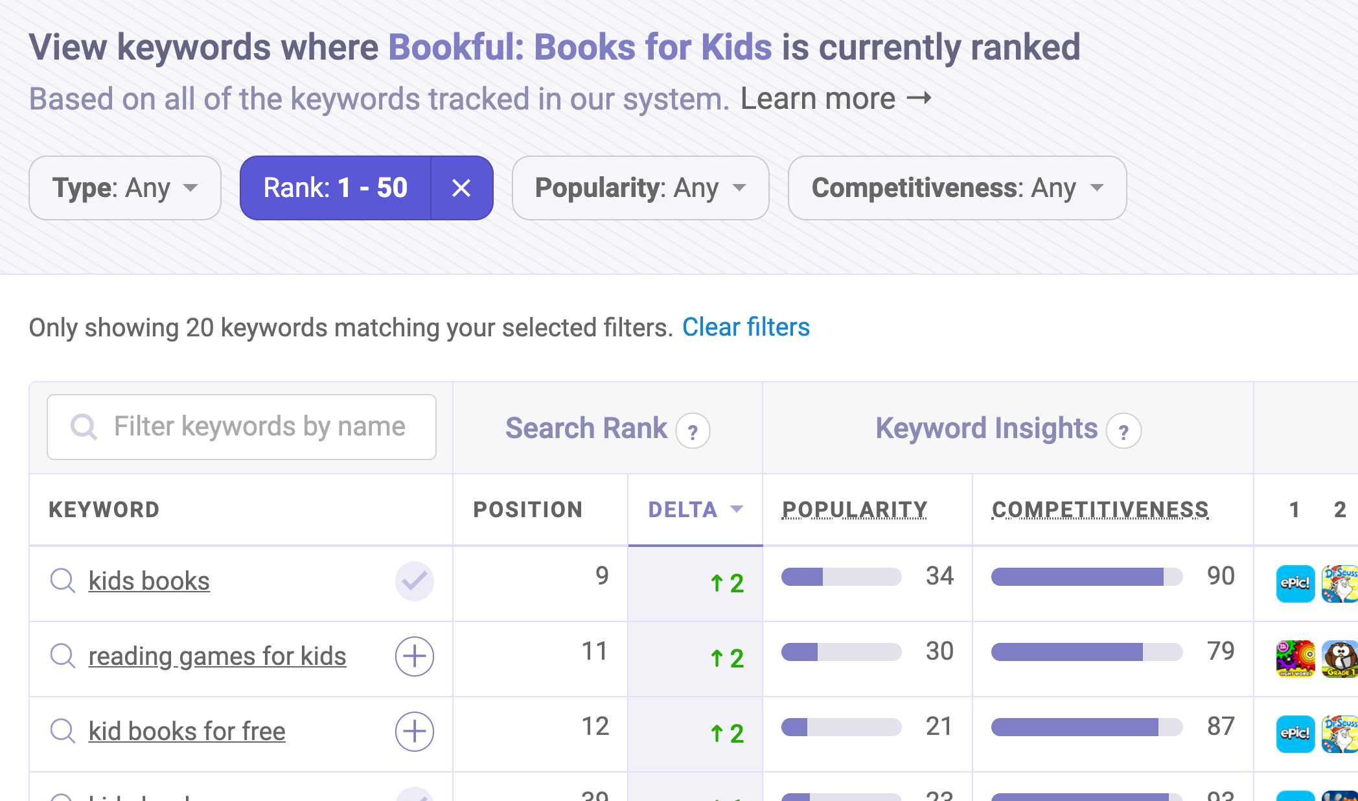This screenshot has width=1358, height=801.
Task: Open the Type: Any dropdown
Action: tap(125, 188)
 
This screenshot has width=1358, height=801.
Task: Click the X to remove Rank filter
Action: tap(461, 188)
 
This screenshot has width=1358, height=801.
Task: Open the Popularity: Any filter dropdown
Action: tap(640, 188)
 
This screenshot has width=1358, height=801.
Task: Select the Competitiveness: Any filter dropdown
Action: tap(957, 188)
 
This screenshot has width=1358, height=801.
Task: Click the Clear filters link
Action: tap(746, 327)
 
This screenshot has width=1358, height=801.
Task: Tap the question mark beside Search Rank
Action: tap(693, 432)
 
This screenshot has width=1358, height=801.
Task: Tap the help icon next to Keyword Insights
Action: tap(1123, 432)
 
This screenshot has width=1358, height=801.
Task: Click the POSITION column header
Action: tap(528, 510)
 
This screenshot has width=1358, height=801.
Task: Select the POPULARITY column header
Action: tap(855, 510)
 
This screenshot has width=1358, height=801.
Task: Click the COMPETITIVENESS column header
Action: tap(1100, 510)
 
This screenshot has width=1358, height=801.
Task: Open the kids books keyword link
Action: tap(149, 581)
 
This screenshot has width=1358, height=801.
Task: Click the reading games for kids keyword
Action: tap(217, 656)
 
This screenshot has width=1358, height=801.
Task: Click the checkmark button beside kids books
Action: tap(415, 581)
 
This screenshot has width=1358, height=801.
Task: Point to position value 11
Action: tap(594, 651)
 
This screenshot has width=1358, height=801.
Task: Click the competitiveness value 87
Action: tap(1221, 726)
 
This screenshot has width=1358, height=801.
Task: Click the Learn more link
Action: tap(836, 99)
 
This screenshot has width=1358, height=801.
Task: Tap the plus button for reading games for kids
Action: tap(415, 656)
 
